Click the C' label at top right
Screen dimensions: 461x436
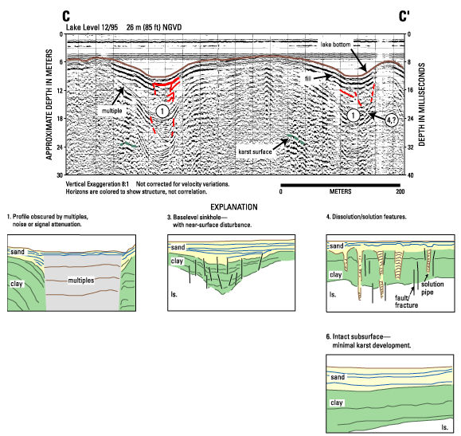coord(404,16)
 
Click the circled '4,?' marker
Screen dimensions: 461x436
coord(392,120)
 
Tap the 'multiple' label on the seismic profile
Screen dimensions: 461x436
coord(111,111)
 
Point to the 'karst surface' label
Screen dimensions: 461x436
coord(255,151)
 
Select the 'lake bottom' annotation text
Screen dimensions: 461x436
coord(335,45)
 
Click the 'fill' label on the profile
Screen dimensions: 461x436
coord(308,79)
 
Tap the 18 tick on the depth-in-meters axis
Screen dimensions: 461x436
coord(60,119)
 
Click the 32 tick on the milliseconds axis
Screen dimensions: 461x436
coord(411,147)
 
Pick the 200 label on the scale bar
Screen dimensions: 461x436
coord(400,191)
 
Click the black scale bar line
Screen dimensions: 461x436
coord(341,185)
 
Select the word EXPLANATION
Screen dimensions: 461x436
coord(234,207)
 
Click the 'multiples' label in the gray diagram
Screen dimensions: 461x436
coord(81,281)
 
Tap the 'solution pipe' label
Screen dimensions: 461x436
coord(432,289)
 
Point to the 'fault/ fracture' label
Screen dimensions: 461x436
coord(406,301)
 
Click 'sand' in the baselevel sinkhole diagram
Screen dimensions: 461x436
coord(178,247)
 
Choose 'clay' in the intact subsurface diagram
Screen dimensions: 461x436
coord(336,403)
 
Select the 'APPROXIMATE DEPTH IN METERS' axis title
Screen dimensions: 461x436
coord(49,104)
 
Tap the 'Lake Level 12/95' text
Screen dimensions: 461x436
coord(92,27)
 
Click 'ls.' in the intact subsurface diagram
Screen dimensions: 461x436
coord(444,427)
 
